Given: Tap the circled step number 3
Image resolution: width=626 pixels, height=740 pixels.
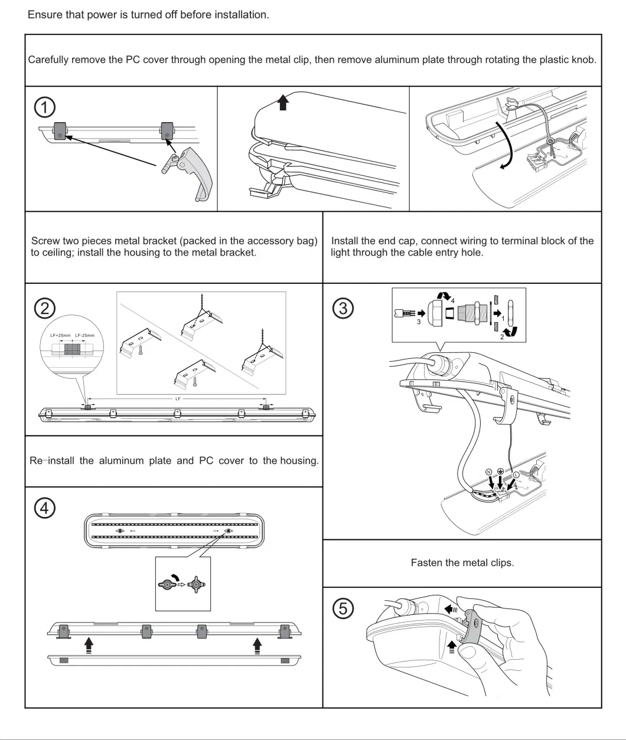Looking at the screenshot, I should click(344, 307).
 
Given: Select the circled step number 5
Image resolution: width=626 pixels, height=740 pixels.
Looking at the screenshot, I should click(344, 608).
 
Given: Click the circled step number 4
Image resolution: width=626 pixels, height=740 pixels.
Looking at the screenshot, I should click(45, 508).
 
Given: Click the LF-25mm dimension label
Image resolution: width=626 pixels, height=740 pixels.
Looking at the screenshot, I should click(86, 335).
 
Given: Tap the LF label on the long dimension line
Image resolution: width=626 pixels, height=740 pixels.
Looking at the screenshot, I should click(177, 400).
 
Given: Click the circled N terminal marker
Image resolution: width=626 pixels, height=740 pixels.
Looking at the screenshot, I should click(488, 471).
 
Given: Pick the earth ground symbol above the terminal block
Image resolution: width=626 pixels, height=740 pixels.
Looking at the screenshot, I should click(500, 471).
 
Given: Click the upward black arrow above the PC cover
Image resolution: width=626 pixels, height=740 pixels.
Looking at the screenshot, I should click(284, 103).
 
